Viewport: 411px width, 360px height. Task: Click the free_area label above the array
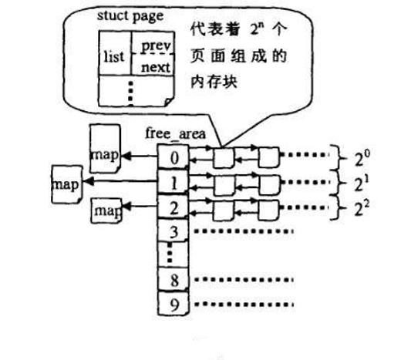click(x=175, y=133)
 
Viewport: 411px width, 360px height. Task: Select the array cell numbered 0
click(x=173, y=156)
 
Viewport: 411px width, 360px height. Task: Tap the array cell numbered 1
click(x=173, y=182)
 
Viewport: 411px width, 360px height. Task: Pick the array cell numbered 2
click(x=173, y=207)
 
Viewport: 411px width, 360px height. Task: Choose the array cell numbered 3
click(x=173, y=230)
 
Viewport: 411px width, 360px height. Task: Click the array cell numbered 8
click(x=173, y=279)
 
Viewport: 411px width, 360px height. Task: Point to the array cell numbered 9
click(x=173, y=304)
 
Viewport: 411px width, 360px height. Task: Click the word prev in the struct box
click(x=157, y=46)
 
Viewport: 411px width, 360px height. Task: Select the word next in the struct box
click(x=156, y=67)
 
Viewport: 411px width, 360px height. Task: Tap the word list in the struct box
click(x=114, y=56)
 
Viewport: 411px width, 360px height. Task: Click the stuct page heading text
click(x=130, y=16)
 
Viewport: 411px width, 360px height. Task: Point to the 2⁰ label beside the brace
click(x=362, y=158)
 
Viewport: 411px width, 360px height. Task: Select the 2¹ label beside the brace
click(x=362, y=183)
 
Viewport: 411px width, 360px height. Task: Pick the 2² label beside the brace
click(x=362, y=208)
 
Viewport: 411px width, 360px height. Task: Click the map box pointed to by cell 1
click(x=67, y=184)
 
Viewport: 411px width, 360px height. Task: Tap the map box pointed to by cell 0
click(x=105, y=149)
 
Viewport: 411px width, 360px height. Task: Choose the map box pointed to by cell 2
click(x=106, y=210)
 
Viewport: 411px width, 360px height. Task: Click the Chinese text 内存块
click(x=214, y=82)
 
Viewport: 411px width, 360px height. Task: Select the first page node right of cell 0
click(x=224, y=158)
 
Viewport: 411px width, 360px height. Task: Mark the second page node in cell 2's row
click(x=268, y=210)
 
